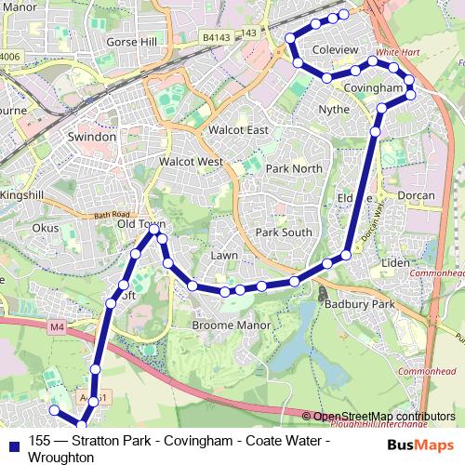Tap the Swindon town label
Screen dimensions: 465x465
92,136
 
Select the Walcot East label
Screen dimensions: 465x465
238,130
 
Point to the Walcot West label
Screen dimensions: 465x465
191,162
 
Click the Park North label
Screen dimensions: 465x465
293,168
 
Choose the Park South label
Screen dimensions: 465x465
284,232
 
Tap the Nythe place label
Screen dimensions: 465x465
334,109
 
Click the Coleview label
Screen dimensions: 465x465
335,48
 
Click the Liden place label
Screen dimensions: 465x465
395,263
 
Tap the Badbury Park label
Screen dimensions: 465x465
359,304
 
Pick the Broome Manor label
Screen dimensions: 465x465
231,325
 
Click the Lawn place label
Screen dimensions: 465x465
224,254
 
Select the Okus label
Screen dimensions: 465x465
45,226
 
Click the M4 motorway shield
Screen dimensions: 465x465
58,326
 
